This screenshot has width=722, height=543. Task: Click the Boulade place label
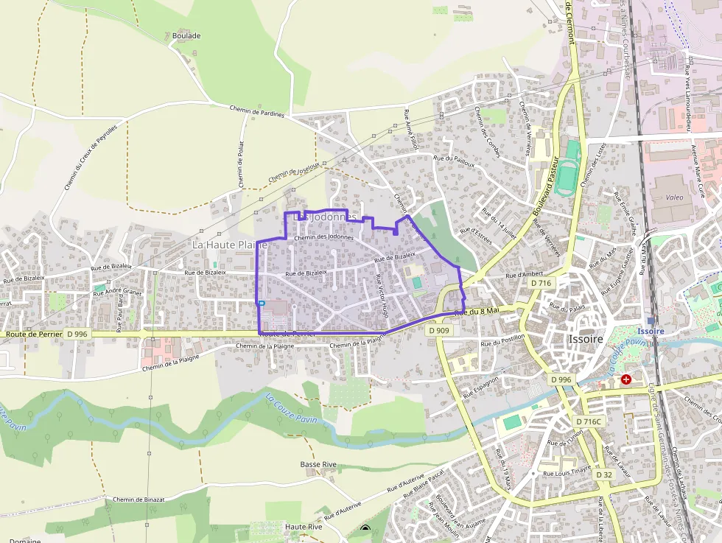click(x=186, y=35)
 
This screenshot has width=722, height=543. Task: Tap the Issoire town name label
click(x=586, y=340)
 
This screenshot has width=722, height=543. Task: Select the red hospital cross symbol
click(x=625, y=379)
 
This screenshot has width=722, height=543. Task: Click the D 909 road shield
click(x=439, y=330)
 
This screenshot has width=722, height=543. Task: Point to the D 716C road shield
click(x=589, y=421)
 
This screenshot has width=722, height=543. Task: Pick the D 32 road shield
click(x=604, y=474)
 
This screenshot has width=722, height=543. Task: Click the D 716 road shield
click(x=540, y=282)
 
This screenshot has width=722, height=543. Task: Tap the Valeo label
click(x=674, y=197)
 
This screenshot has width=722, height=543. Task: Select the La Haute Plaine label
click(x=228, y=244)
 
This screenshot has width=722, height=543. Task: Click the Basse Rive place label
click(x=318, y=464)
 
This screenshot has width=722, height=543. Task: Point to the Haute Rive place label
click(x=304, y=528)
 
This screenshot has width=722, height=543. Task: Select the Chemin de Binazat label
click(x=138, y=500)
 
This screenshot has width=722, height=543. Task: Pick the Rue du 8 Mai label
click(x=477, y=312)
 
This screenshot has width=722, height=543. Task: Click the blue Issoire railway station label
click(x=651, y=332)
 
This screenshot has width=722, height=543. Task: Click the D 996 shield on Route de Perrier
click(x=76, y=334)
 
